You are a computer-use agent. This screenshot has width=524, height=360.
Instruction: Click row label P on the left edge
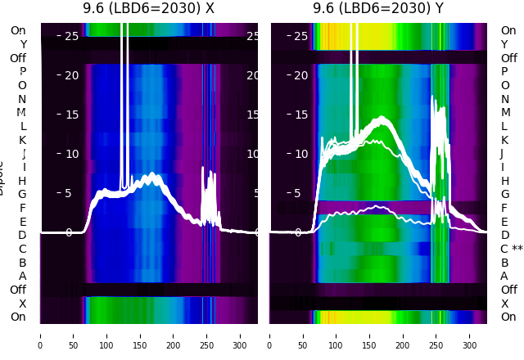tap(22, 72)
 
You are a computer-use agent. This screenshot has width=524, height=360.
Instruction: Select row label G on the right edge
tap(505, 194)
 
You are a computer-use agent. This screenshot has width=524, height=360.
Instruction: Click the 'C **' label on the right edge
tap(511, 249)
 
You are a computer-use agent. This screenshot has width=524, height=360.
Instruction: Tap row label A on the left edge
tap(22, 276)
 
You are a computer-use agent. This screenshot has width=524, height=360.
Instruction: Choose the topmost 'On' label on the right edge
tap(508, 30)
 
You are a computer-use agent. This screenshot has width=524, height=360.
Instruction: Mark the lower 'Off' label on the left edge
tap(18, 290)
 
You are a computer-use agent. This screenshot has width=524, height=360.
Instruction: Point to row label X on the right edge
tap(505, 304)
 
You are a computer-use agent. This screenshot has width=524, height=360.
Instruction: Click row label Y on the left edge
tap(23, 44)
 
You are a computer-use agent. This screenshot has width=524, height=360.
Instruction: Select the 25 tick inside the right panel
tap(300, 36)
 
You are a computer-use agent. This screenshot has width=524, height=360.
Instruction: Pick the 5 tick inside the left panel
tap(69, 194)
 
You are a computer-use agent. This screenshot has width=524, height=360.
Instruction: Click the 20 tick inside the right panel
tap(300, 75)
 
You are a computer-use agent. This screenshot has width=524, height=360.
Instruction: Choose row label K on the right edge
tap(505, 140)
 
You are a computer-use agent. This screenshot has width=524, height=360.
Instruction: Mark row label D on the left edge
tap(22, 235)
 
